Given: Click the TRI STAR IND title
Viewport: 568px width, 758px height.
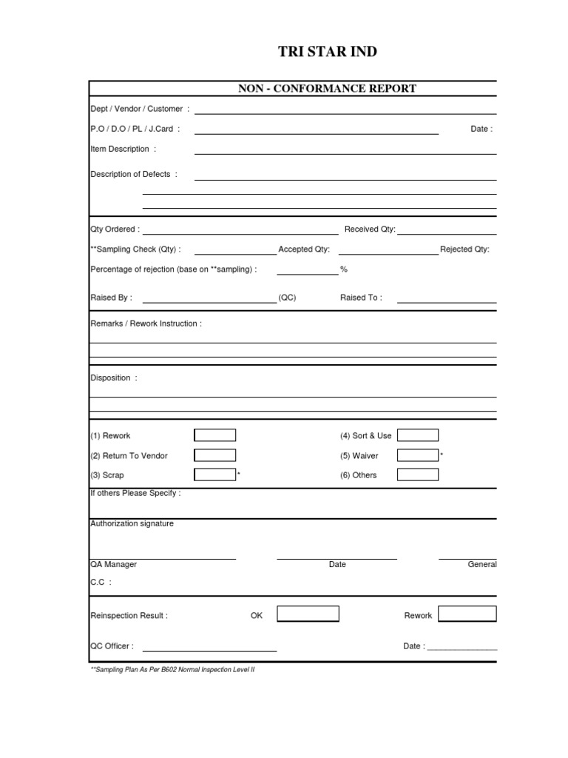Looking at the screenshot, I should tap(327, 51).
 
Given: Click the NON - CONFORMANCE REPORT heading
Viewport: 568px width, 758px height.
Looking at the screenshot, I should tap(327, 89).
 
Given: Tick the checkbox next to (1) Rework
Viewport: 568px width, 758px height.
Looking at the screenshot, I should tap(214, 435).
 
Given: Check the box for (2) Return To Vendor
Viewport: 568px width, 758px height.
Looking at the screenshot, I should tap(214, 455).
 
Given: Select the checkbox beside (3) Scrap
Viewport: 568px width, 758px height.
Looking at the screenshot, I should tap(214, 474).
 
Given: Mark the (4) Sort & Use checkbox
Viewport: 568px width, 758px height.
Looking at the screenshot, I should tap(417, 435).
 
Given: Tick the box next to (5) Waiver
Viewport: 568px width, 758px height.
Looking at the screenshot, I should tap(417, 455).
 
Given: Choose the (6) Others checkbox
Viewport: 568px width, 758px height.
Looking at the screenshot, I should tap(417, 474).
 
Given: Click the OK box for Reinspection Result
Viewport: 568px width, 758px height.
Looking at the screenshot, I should tap(308, 614).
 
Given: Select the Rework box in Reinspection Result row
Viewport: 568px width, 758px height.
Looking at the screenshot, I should tap(467, 614).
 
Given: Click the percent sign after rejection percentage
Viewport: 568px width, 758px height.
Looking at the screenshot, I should tap(344, 269).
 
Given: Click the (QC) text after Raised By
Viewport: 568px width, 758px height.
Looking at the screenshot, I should tap(287, 298).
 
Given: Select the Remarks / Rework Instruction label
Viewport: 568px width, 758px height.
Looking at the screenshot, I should tap(146, 323).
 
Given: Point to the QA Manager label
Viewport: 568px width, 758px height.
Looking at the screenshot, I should tap(113, 564).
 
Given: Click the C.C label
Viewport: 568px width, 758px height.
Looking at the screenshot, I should tap(101, 583).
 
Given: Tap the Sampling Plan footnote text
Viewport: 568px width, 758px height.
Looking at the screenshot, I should tap(172, 668).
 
